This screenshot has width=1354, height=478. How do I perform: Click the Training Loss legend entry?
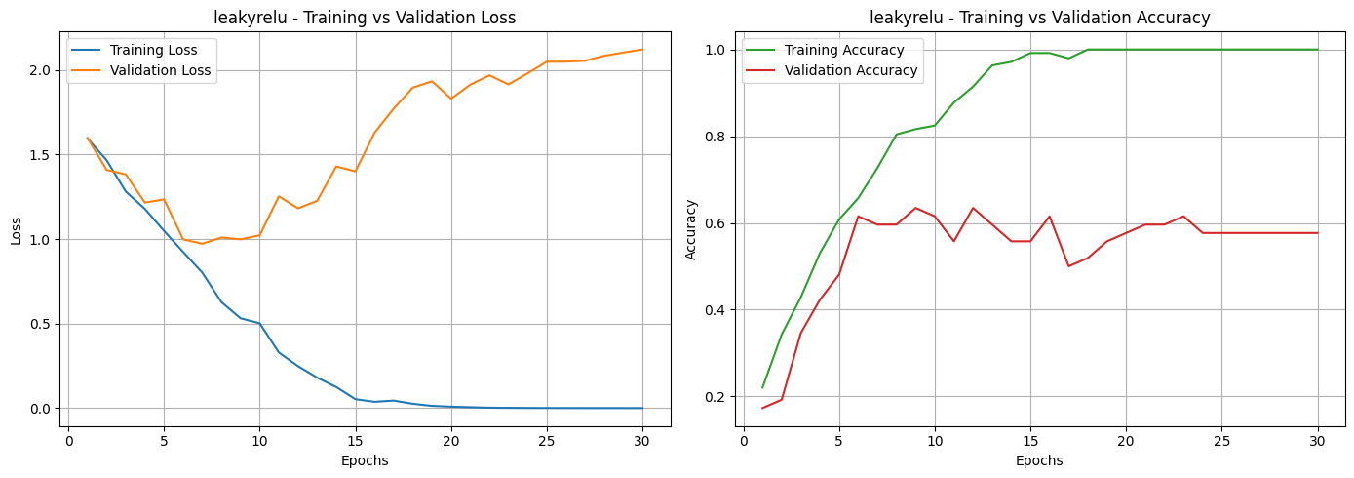coord(153,50)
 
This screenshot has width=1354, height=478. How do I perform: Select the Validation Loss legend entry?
coord(160,70)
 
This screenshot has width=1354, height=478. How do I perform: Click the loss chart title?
coord(365,18)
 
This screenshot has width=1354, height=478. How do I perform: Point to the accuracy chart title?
coord(1040,18)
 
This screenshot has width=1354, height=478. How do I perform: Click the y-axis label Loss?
coord(16,230)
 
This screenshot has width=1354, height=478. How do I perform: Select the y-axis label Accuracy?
coord(691,230)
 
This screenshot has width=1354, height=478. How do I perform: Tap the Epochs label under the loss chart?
coord(365,460)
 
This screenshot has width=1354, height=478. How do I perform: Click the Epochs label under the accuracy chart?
coord(1039,460)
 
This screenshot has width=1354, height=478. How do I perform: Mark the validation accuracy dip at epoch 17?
coord(1068,266)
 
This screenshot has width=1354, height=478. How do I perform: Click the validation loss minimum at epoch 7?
coord(202,244)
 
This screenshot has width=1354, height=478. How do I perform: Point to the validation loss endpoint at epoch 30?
coord(641,50)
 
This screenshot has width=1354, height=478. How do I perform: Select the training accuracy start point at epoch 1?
coord(762,388)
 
